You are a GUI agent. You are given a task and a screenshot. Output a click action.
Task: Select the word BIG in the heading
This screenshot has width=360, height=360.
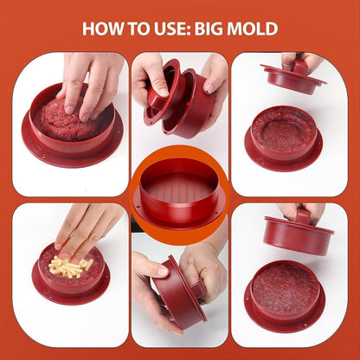(x=209, y=29)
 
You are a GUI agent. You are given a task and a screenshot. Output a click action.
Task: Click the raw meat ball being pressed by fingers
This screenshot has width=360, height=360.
(x=67, y=121)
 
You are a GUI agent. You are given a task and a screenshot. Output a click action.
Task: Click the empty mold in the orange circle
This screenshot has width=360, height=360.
(x=179, y=194)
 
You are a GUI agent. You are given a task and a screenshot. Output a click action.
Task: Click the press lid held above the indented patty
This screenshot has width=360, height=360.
(x=293, y=77)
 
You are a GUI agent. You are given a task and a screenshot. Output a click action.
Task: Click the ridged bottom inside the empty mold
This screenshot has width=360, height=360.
(x=179, y=189)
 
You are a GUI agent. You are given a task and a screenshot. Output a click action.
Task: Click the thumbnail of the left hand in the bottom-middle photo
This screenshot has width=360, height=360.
(x=163, y=271)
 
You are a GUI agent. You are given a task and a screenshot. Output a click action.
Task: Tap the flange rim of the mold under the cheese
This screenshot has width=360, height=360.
(x=71, y=292)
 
